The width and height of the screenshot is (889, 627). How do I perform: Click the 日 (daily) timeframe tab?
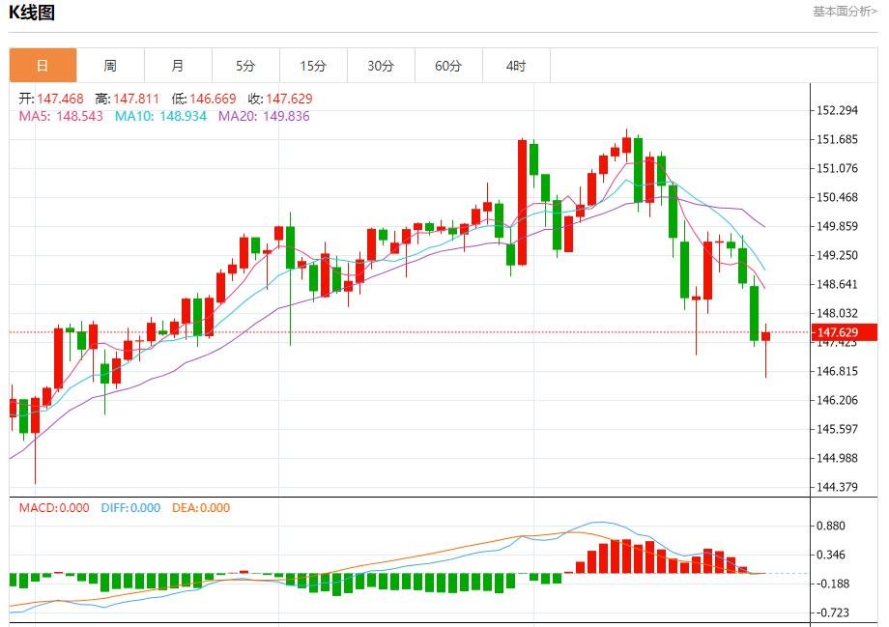click(x=43, y=66)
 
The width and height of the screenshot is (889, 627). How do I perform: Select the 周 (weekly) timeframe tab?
click(x=110, y=66)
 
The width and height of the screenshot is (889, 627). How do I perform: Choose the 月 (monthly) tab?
click(x=178, y=66)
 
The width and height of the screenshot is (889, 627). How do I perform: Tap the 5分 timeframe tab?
click(x=245, y=66)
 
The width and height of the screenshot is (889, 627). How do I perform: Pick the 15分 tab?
click(x=313, y=66)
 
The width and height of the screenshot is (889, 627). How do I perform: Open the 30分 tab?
click(x=381, y=66)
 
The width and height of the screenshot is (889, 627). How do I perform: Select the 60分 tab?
click(x=448, y=66)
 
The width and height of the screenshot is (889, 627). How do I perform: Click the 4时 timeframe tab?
click(x=516, y=66)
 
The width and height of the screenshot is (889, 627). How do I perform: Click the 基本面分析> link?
click(x=845, y=12)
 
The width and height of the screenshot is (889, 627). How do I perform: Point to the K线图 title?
click(x=32, y=13)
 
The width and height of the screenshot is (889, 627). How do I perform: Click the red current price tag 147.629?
click(x=846, y=333)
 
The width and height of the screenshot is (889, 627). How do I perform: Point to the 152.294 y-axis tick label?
click(x=838, y=111)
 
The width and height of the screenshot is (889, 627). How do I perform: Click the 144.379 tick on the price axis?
click(x=838, y=487)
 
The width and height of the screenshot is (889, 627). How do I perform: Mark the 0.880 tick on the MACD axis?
click(x=832, y=526)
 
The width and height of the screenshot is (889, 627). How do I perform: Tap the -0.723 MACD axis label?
click(x=832, y=613)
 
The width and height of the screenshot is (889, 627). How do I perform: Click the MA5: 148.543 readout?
click(x=61, y=116)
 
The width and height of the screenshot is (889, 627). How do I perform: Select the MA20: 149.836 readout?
click(x=264, y=116)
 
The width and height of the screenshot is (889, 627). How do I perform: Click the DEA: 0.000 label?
click(x=201, y=507)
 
